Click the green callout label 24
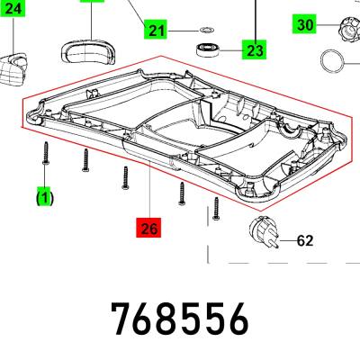coord(13,8)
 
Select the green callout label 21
coord(156,30)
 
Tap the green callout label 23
coord(255,49)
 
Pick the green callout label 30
coord(305,24)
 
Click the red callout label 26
coord(148,228)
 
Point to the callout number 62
coord(305,240)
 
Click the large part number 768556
coord(180,319)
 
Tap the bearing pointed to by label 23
coord(208,49)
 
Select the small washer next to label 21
coord(206,30)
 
